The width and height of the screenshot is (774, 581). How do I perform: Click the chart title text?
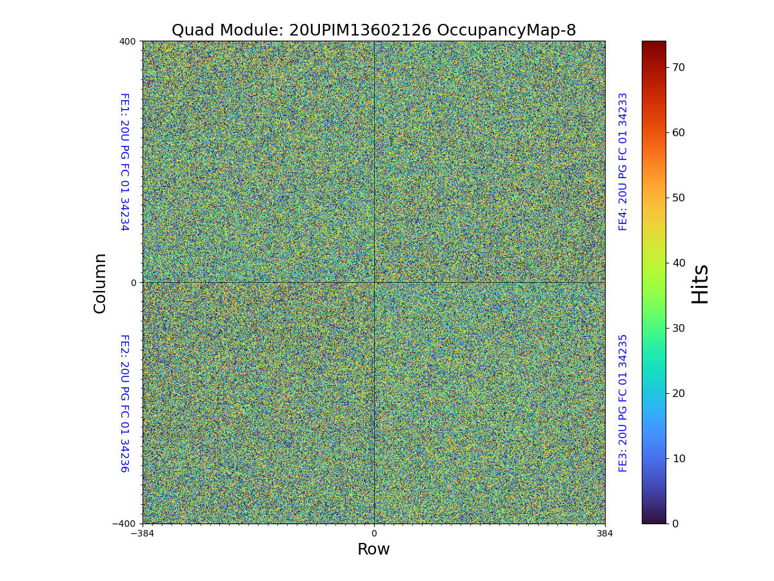(x=373, y=30)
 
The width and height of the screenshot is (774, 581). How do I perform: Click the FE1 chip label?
(x=124, y=161)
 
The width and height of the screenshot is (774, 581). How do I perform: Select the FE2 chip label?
(x=124, y=403)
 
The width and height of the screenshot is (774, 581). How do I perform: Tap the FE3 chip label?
(x=623, y=403)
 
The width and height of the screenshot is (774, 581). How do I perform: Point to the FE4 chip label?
(x=623, y=161)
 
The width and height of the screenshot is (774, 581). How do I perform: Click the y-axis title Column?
(x=100, y=283)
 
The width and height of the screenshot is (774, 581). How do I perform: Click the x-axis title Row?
(x=373, y=549)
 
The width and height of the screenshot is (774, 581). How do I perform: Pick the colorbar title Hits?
(x=700, y=283)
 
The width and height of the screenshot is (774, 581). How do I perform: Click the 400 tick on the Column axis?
(x=127, y=41)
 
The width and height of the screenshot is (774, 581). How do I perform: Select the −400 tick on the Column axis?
(x=124, y=524)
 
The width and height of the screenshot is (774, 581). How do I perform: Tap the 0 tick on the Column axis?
(x=134, y=283)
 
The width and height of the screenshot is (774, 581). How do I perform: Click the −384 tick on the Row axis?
(x=143, y=534)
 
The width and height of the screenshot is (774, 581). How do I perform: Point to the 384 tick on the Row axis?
(x=605, y=534)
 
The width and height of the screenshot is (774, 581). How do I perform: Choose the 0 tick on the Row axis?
(x=374, y=534)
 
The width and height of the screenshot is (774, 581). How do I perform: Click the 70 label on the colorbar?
(x=679, y=68)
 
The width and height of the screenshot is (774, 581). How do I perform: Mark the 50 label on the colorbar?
(x=679, y=198)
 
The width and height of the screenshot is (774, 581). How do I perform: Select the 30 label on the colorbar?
(x=679, y=328)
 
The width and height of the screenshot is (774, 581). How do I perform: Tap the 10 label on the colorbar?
(x=679, y=458)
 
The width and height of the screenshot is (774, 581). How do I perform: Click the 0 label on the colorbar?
(x=675, y=524)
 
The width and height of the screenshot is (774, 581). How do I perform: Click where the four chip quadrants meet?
(x=374, y=282)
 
